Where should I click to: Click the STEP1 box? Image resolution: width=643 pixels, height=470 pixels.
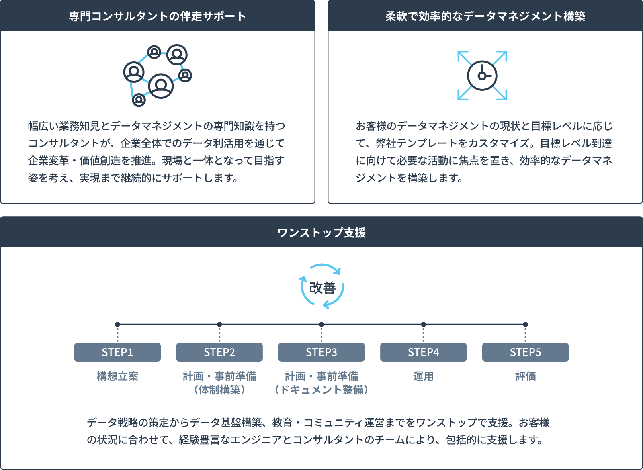117,352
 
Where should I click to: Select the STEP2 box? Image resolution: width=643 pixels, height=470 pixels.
219,352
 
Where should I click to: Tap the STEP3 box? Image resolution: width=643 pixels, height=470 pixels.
321,352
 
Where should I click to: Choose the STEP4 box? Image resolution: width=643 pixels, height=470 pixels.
424,352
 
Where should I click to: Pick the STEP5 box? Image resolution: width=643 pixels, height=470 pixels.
525,352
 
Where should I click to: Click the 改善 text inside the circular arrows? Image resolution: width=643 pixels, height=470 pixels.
322,288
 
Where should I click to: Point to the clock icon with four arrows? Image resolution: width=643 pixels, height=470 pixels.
482,76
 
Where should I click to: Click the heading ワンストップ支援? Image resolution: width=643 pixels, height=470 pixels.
321,233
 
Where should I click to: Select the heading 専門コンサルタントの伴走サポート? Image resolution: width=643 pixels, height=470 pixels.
157,16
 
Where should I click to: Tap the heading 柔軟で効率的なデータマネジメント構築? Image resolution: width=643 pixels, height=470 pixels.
485,16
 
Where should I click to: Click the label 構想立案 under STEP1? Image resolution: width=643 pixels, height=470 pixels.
117,376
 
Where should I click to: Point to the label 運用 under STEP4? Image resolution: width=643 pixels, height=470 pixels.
424,376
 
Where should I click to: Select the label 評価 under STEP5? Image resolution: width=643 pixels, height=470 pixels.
525,376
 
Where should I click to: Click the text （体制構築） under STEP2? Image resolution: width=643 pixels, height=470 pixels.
219,390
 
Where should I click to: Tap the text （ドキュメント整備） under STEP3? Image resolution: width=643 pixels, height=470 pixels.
321,390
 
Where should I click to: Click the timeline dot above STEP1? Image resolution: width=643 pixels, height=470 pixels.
117,324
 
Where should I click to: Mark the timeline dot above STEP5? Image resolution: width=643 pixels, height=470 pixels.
525,324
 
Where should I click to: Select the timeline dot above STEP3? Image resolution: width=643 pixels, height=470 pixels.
321,324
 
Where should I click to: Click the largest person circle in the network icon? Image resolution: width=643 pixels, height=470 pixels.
161,86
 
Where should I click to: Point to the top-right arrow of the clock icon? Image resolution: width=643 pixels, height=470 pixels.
501,57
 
